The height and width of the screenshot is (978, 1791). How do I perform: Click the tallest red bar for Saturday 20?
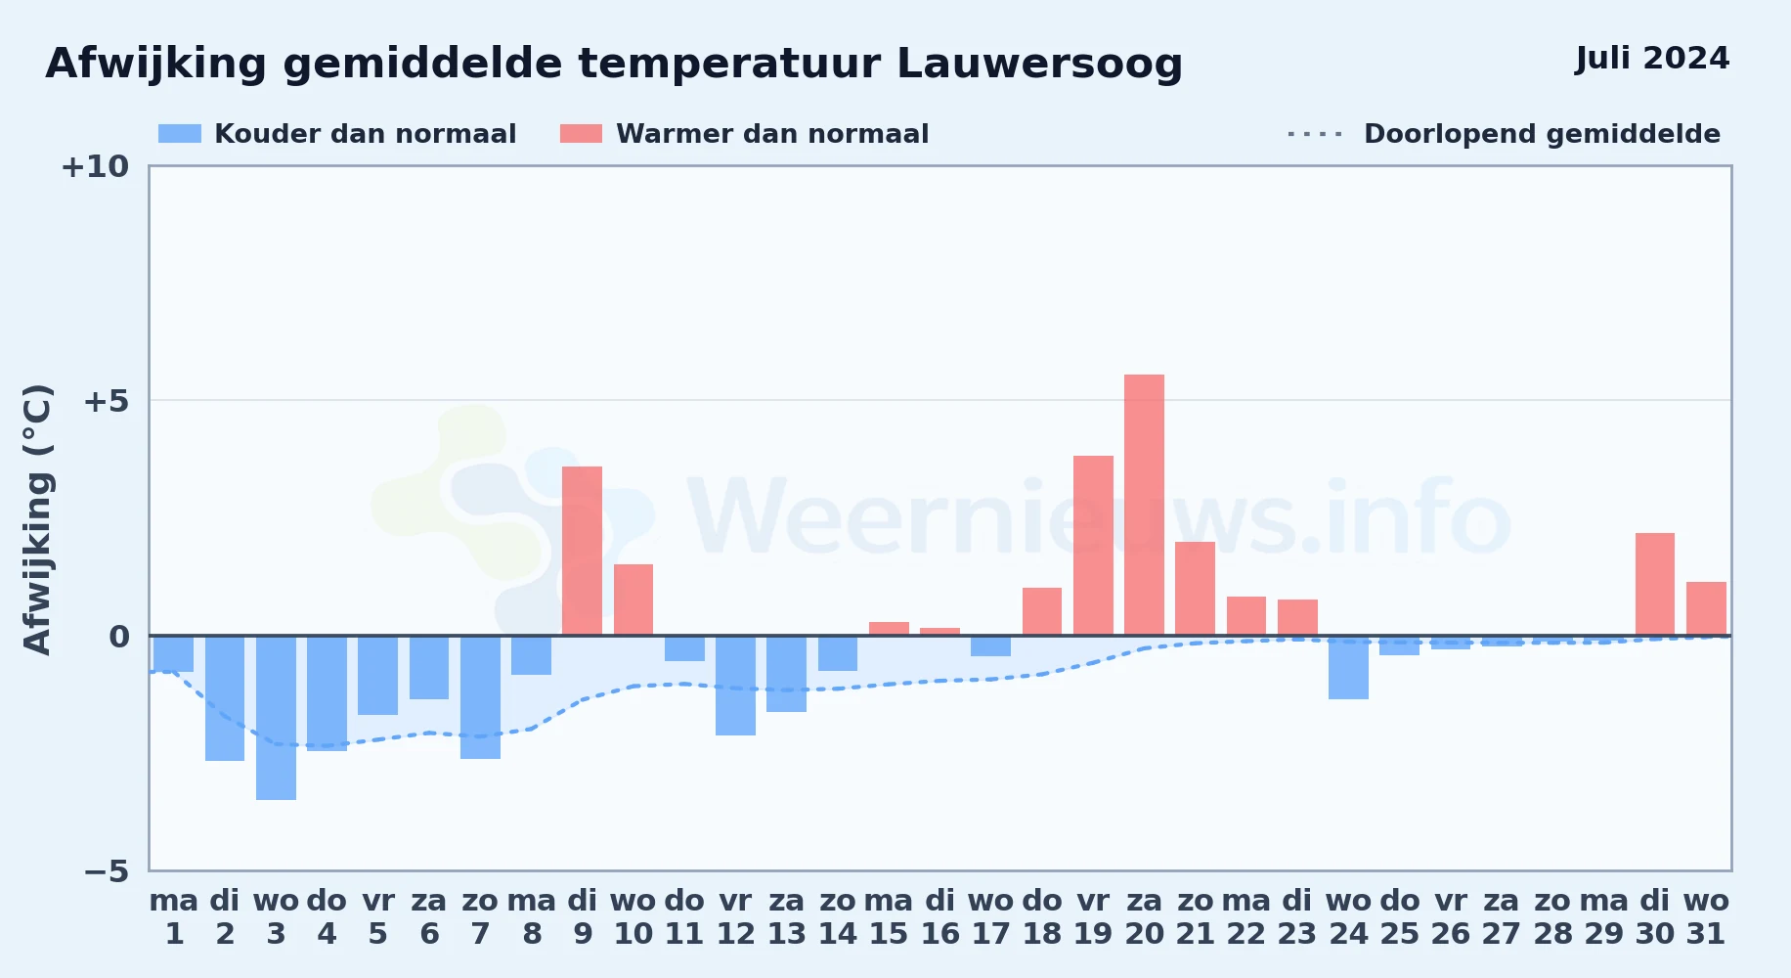[x=1144, y=505]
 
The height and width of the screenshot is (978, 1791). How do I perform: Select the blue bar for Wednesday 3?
[x=276, y=718]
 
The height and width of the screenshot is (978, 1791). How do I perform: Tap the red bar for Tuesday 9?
[x=583, y=551]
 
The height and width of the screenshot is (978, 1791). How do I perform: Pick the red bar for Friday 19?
[x=1093, y=546]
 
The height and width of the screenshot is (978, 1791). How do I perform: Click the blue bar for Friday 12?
[x=735, y=686]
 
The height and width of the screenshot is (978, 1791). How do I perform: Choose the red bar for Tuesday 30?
[x=1655, y=584]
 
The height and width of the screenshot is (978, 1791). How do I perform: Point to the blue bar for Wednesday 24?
[x=1348, y=667]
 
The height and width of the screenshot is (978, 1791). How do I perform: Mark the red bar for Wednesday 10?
[x=633, y=600]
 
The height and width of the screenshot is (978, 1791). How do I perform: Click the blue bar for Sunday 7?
[x=480, y=697]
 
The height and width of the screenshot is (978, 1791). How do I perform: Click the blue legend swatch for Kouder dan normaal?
[x=180, y=134]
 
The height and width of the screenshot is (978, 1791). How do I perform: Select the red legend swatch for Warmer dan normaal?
[x=581, y=134]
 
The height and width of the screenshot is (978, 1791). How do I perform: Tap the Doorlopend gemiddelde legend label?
[x=1542, y=134]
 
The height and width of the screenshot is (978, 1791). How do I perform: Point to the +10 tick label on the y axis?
[x=95, y=166]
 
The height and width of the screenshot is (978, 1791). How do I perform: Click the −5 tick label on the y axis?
[x=107, y=870]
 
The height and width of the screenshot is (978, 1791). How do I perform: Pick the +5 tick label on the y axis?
[x=107, y=401]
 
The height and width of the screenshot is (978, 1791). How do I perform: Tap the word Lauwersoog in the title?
[x=1039, y=65]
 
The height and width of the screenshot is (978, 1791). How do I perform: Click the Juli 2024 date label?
[x=1652, y=58]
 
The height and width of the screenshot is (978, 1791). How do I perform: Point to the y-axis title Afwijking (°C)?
[x=37, y=519]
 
